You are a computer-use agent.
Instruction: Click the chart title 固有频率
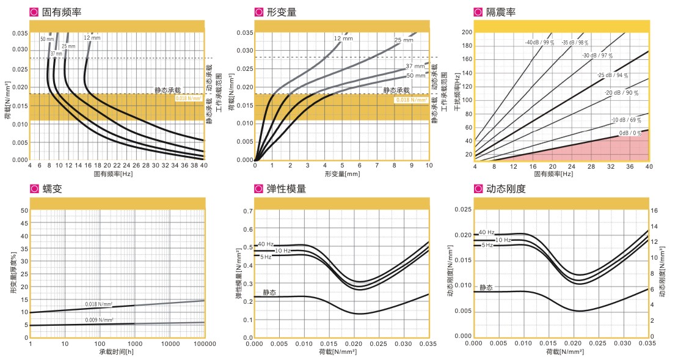pyautogui.click(x=62, y=12)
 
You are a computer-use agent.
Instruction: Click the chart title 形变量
pyautogui.click(x=282, y=12)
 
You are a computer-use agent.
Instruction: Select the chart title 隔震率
pyautogui.click(x=501, y=12)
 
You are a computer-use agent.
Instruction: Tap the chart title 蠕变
pyautogui.click(x=52, y=189)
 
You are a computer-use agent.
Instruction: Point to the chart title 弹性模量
pyautogui.click(x=286, y=189)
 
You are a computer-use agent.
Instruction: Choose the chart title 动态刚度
pyautogui.click(x=506, y=189)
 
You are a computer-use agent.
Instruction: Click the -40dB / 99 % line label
pyautogui.click(x=539, y=43)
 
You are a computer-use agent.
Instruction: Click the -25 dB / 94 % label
pyautogui.click(x=613, y=75)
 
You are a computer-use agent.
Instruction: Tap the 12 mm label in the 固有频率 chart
pyautogui.click(x=92, y=39)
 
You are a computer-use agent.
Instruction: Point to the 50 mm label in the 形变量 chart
pyautogui.click(x=416, y=75)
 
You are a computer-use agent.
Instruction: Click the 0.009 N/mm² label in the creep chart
pyautogui.click(x=99, y=320)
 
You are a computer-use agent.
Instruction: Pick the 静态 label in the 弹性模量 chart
pyautogui.click(x=269, y=293)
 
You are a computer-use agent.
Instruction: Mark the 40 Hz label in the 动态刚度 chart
pyautogui.click(x=487, y=232)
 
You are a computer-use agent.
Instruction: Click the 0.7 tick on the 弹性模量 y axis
pyautogui.click(x=249, y=211)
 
